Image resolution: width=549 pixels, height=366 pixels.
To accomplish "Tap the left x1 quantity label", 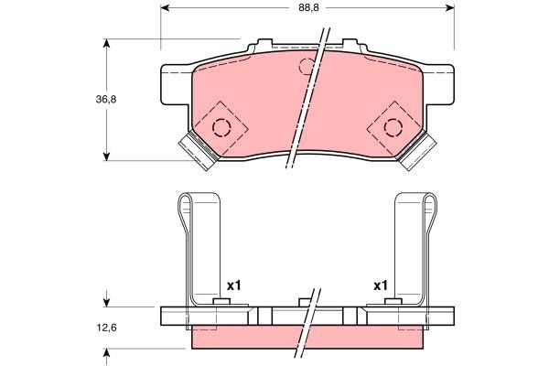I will pyautogui.click(x=232, y=286).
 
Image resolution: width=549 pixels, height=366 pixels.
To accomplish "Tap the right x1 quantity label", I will pyautogui.click(x=382, y=286).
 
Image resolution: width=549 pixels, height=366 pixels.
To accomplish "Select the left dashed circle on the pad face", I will pyautogui.click(x=221, y=126).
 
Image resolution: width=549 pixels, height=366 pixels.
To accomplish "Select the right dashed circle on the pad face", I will pyautogui.click(x=393, y=126).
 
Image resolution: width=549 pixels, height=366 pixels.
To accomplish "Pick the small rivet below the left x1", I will pyautogui.click(x=221, y=303).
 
